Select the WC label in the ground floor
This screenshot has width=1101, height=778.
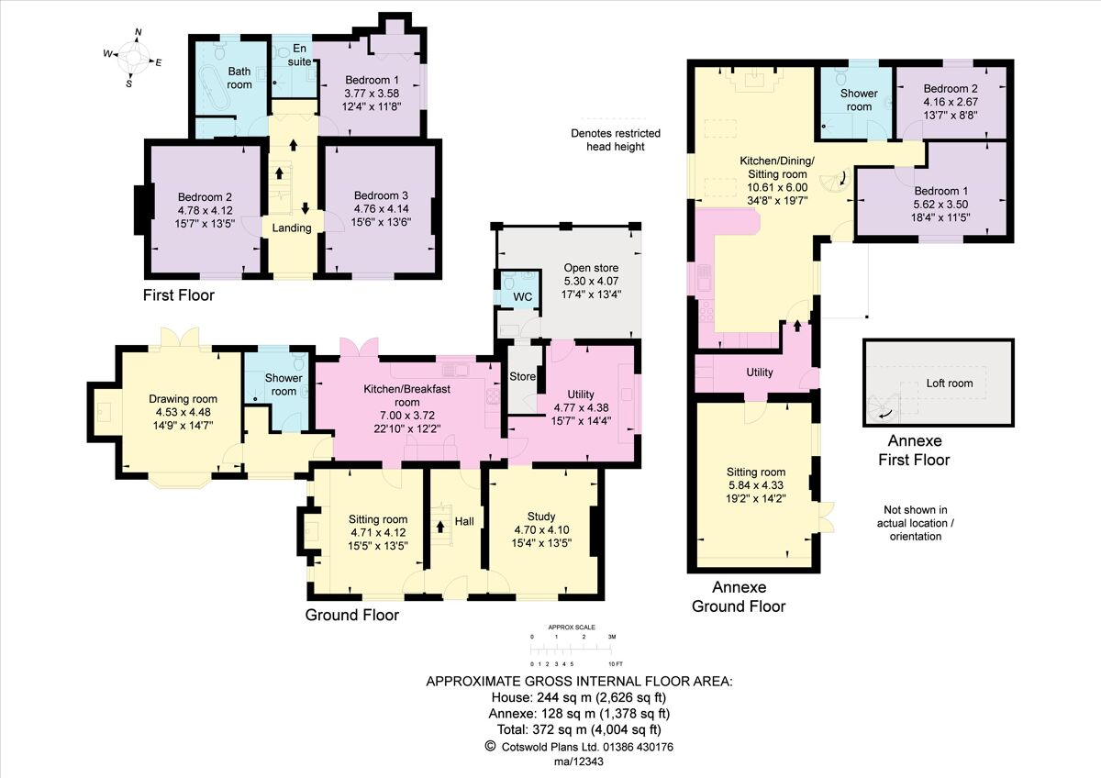(x=523, y=297)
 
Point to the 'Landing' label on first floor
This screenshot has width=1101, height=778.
(x=293, y=228)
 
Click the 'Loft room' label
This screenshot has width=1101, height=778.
(x=949, y=383)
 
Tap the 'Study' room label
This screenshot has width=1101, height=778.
(x=541, y=516)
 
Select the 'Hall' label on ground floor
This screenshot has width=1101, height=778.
(x=464, y=521)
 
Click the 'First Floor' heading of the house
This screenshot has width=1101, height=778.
(x=178, y=295)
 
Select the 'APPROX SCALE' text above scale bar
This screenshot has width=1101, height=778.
(x=571, y=628)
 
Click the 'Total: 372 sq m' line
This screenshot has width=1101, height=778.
(x=579, y=729)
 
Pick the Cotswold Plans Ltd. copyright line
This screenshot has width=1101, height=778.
(x=579, y=747)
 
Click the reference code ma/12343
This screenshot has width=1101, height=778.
(x=579, y=763)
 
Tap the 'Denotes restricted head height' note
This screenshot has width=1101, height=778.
(x=615, y=139)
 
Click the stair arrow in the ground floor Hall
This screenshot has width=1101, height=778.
(x=440, y=527)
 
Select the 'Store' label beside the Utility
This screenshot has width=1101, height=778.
(x=522, y=376)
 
